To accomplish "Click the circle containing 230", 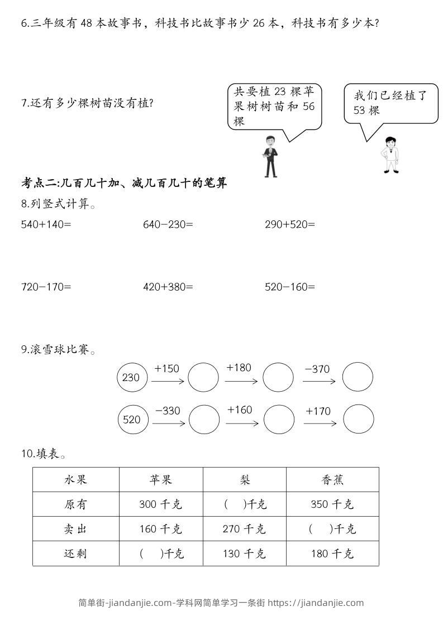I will pyautogui.click(x=132, y=378).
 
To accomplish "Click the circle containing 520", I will pyautogui.click(x=133, y=419).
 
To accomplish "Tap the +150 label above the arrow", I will pyautogui.click(x=166, y=368).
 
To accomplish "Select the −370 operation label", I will pyautogui.click(x=317, y=369).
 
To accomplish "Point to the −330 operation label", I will pyautogui.click(x=168, y=411).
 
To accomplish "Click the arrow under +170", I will pyautogui.click(x=320, y=423).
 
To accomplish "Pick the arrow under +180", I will pyautogui.click(x=241, y=382).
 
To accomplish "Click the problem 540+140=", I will pyautogui.click(x=46, y=225).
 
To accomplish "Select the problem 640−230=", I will pyautogui.click(x=168, y=225).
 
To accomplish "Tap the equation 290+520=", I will pyautogui.click(x=290, y=225).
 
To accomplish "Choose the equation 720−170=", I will pyautogui.click(x=46, y=287).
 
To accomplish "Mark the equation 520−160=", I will pyautogui.click(x=290, y=287).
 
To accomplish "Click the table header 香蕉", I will pyautogui.click(x=332, y=480).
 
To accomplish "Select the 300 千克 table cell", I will pyautogui.click(x=161, y=504).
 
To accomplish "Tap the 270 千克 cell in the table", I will pyautogui.click(x=244, y=529).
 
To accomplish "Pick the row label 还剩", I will pyautogui.click(x=76, y=553).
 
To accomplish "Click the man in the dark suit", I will pyautogui.click(x=271, y=156).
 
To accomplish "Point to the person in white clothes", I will pyautogui.click(x=390, y=155).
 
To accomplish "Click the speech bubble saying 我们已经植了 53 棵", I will pyautogui.click(x=390, y=104).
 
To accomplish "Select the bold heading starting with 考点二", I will pyautogui.click(x=124, y=183).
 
